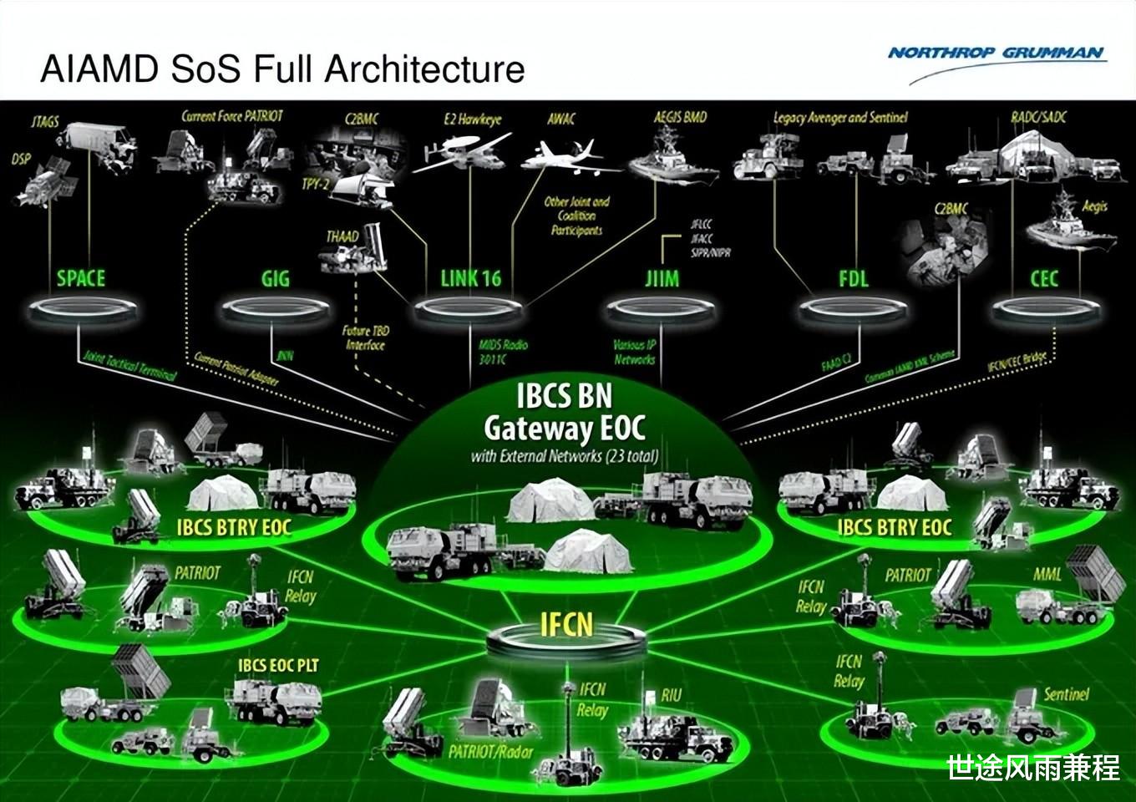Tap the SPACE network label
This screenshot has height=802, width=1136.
(81, 278)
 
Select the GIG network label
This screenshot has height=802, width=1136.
(275, 278)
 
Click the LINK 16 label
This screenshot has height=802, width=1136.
(470, 278)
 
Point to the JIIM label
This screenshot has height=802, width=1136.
(662, 278)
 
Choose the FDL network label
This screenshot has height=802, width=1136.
(853, 278)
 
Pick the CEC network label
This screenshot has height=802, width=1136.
(1044, 278)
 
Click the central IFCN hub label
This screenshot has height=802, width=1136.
(567, 625)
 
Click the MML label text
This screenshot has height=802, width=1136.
(1047, 575)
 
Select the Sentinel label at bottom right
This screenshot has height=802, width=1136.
(1067, 694)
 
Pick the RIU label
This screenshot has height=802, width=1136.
(671, 695)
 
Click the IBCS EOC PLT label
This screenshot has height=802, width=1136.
(278, 665)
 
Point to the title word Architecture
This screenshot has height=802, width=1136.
(425, 69)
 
